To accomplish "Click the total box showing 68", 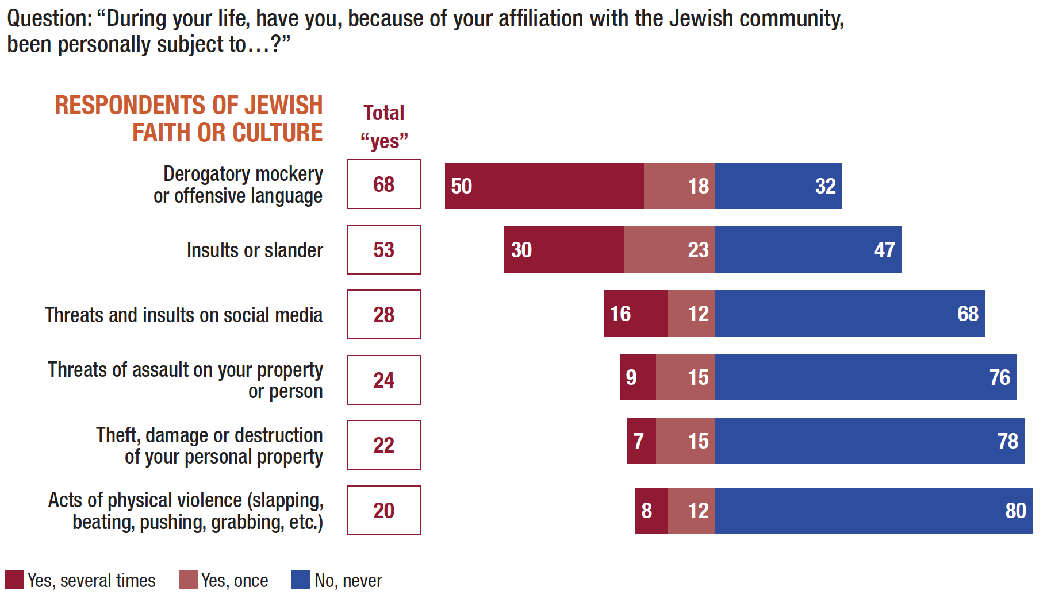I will [x=383, y=184].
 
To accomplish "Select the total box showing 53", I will [x=383, y=249].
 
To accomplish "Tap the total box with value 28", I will [x=383, y=314].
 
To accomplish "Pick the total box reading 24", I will [x=383, y=380].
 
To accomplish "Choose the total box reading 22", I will [x=383, y=445].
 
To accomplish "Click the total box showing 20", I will [x=383, y=510].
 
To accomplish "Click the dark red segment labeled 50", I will [x=544, y=186].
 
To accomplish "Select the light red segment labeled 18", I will [x=679, y=186].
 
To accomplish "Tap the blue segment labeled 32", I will [x=778, y=186].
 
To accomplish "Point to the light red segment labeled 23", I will [x=669, y=249].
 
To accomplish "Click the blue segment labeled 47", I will [x=808, y=249].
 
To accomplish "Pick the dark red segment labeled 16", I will [x=635, y=313].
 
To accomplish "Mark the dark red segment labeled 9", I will [x=638, y=377].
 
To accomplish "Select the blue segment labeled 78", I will [x=869, y=441].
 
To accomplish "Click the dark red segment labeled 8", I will [x=651, y=510].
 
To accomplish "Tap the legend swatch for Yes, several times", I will [x=14, y=580].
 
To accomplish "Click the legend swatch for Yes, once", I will [x=188, y=580].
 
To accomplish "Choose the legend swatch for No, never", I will [x=301, y=580].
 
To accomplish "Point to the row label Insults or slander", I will [x=255, y=250].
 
